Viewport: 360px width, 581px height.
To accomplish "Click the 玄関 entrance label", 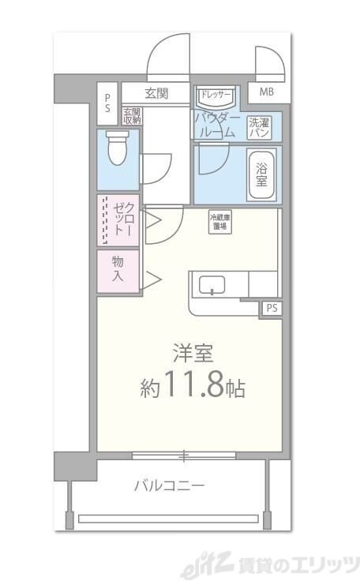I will tap(156, 93).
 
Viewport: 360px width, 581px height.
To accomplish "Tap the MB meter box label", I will tap(268, 92).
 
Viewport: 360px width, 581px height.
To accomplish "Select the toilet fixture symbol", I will tap(118, 148).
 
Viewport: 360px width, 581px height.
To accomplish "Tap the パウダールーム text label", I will tap(216, 125).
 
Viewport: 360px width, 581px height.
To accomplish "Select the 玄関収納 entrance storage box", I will tap(131, 115).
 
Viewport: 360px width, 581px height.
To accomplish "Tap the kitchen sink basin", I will tap(212, 285).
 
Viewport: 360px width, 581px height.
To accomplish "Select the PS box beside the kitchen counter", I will tap(271, 308).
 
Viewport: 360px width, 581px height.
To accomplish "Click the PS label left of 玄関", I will tap(108, 103).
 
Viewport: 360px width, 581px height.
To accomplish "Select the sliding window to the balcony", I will tap(183, 455).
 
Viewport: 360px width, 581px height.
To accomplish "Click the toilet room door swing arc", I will tap(158, 167).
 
